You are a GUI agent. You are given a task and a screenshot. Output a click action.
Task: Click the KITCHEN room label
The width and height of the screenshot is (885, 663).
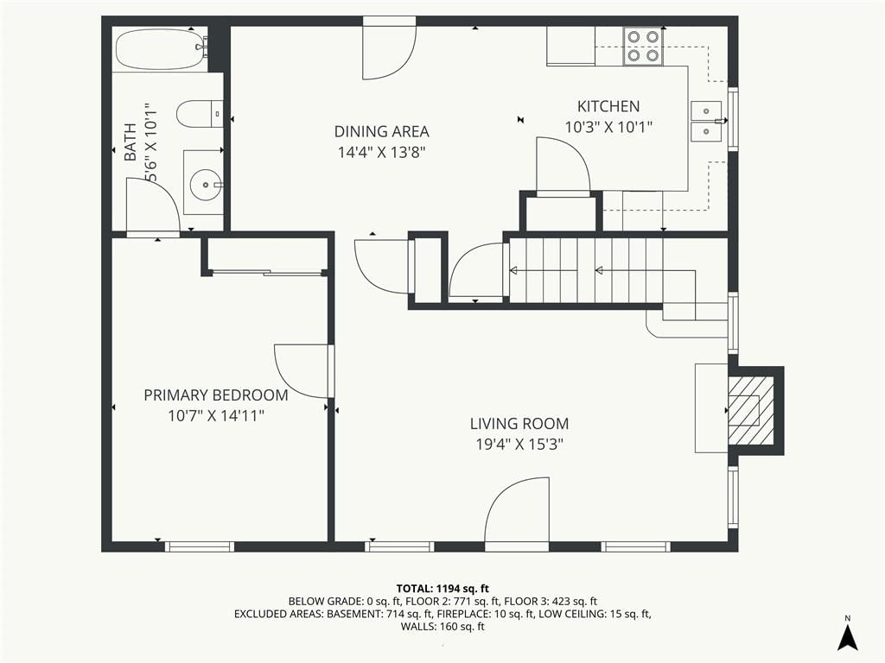point(608,106)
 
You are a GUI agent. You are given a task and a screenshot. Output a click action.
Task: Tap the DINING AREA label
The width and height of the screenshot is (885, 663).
point(381,131)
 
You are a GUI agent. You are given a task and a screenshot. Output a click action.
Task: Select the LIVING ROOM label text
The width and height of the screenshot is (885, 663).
point(519,423)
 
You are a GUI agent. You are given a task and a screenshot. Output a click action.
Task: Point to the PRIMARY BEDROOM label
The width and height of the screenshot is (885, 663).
point(215,395)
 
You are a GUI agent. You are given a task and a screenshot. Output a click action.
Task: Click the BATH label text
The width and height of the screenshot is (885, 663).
point(131,142)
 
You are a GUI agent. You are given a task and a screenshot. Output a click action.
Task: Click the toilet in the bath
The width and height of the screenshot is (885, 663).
point(200,114)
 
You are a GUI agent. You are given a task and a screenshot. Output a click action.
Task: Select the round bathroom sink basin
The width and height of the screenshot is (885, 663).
point(206,184)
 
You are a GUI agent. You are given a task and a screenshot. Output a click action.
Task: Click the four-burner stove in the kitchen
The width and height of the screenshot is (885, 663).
point(643,46)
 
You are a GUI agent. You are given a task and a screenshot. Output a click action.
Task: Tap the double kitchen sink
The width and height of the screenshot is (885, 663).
point(706,121)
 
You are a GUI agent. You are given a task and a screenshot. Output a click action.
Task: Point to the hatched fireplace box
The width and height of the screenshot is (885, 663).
point(750,410)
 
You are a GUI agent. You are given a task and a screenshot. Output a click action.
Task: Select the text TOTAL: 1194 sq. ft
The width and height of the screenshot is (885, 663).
point(442,589)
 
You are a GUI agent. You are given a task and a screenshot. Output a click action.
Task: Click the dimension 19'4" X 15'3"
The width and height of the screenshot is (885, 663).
point(519,445)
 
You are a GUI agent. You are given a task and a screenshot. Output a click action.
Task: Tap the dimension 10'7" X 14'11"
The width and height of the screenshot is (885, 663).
point(216,416)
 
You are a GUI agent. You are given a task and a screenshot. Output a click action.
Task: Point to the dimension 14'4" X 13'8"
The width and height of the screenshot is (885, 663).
point(381,152)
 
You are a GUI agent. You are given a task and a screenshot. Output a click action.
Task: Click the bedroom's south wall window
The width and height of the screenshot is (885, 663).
point(200,546)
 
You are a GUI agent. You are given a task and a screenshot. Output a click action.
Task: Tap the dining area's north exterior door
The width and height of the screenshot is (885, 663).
point(390,48)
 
